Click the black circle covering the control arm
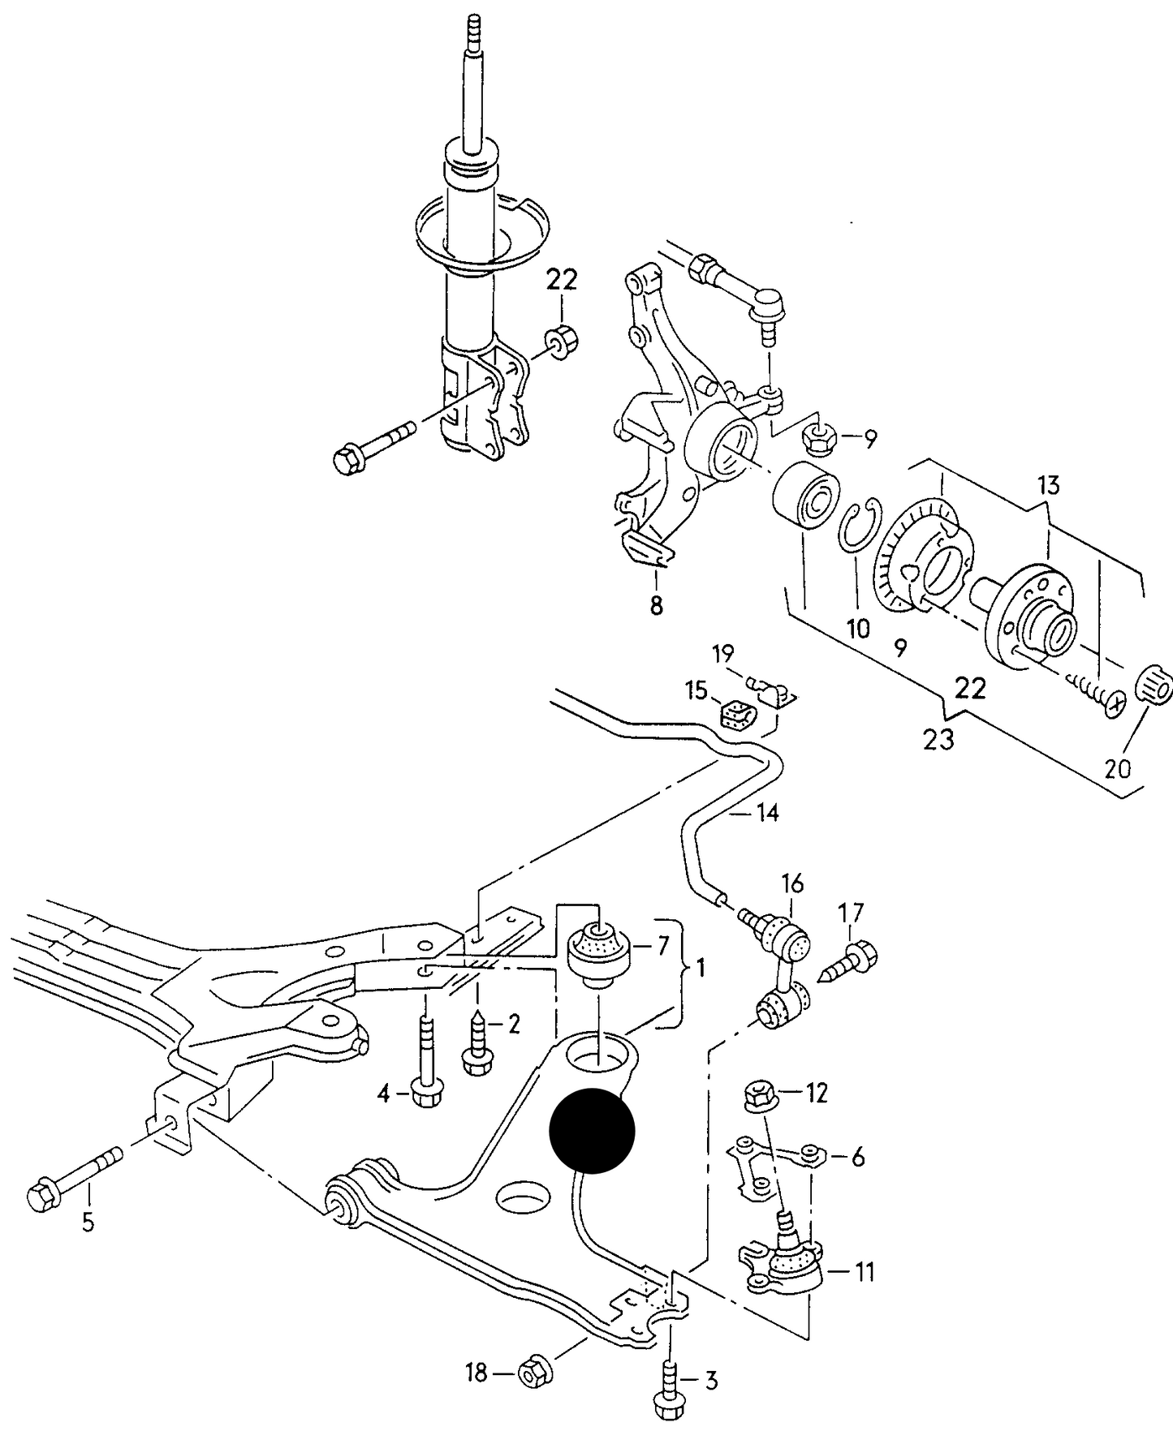pos(591,1131)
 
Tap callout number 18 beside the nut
pos(476,1373)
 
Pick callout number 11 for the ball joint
pos(865,1272)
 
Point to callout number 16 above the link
pos(792,883)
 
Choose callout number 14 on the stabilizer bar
pos(767,812)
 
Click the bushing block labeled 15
pos(737,715)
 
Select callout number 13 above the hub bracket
pos(1048,486)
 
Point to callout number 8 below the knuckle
pos(656,605)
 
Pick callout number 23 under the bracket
pos(938,740)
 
